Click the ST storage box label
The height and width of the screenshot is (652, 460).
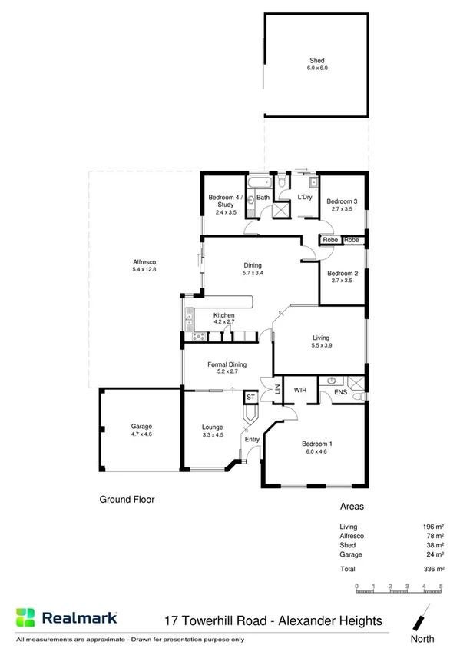pyautogui.click(x=250, y=397)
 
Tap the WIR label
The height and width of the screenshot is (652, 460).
pyautogui.click(x=300, y=390)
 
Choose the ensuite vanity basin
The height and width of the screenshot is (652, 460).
pyautogui.click(x=331, y=381)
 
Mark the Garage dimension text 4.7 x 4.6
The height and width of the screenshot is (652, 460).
pyautogui.click(x=141, y=434)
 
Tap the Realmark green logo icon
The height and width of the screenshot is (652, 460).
pyautogui.click(x=27, y=617)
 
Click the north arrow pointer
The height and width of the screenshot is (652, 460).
pyautogui.click(x=422, y=618)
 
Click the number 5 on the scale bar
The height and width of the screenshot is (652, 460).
pyautogui.click(x=441, y=587)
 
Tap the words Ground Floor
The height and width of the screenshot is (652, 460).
pyautogui.click(x=127, y=500)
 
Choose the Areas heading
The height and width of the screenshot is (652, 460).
pyautogui.click(x=351, y=507)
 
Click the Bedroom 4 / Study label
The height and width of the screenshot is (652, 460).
pyautogui.click(x=225, y=201)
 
